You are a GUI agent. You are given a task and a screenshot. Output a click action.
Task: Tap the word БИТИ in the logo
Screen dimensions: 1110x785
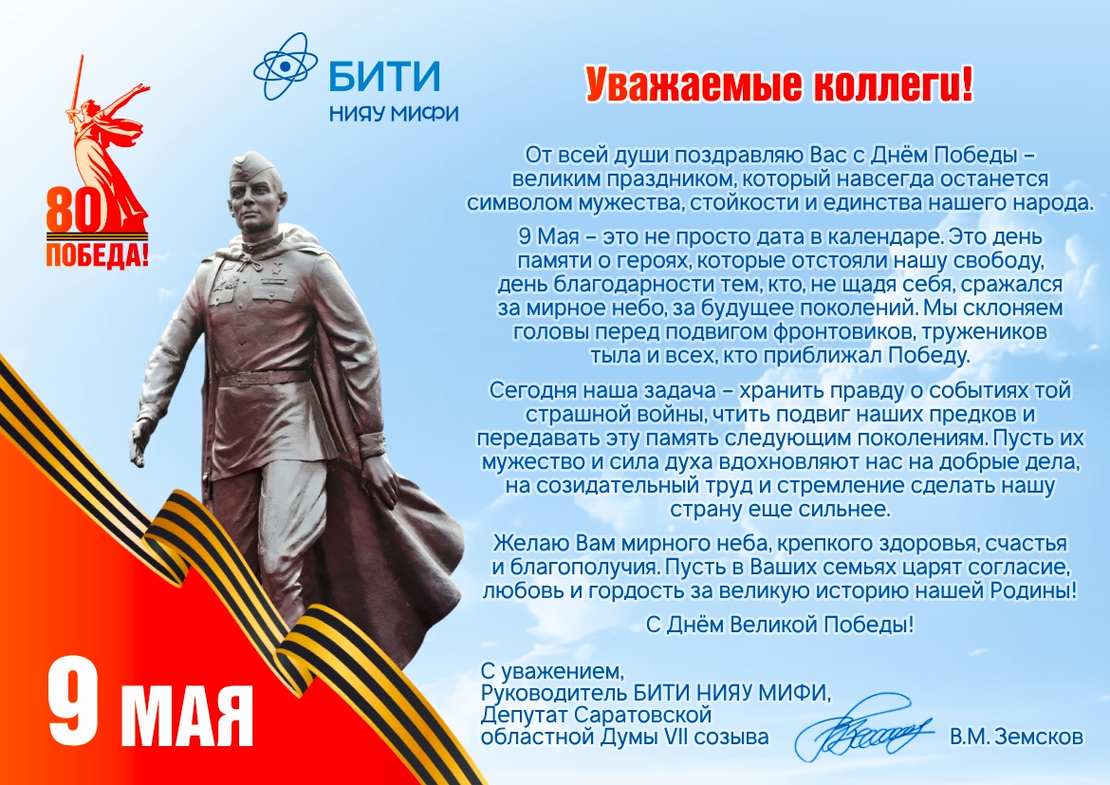pyautogui.click(x=385, y=76)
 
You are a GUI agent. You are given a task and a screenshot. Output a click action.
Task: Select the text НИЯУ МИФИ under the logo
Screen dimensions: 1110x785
pyautogui.click(x=394, y=113)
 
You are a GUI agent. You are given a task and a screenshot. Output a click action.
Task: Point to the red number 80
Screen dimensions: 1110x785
pyautogui.click(x=75, y=211)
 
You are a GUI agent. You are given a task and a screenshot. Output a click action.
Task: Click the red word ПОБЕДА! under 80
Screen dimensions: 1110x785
pyautogui.click(x=97, y=255)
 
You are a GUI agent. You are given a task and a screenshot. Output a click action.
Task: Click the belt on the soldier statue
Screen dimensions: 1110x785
pyautogui.click(x=263, y=379)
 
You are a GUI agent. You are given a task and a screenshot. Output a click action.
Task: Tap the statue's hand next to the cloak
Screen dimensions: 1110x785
pyautogui.click(x=379, y=479)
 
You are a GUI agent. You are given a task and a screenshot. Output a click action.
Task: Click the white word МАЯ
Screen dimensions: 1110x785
pyautogui.click(x=187, y=715)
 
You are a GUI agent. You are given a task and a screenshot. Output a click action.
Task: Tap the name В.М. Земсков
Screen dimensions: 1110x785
pyautogui.click(x=1016, y=737)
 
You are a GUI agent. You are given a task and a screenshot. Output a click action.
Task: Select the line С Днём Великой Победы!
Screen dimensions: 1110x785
pyautogui.click(x=780, y=625)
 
